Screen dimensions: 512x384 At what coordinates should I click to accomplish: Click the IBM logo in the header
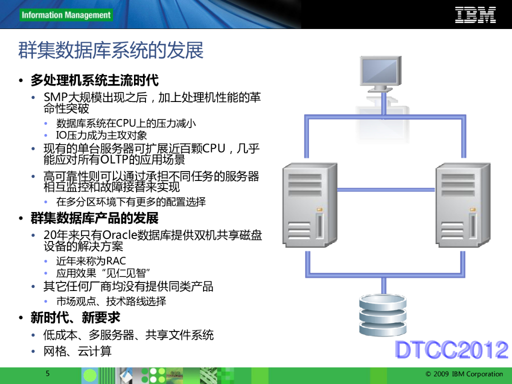[475, 14]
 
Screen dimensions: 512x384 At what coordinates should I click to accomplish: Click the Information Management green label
[66, 15]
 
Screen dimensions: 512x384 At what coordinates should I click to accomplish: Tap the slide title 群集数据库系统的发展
[111, 51]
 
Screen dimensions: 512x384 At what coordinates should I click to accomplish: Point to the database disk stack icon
[383, 315]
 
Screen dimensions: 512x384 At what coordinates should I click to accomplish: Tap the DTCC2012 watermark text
[451, 350]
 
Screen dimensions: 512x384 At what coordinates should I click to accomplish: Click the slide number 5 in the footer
[47, 373]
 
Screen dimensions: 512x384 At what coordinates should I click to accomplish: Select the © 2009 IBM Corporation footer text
[464, 374]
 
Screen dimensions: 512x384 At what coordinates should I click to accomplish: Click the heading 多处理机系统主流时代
[94, 80]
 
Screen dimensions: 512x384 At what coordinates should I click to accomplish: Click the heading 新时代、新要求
[75, 318]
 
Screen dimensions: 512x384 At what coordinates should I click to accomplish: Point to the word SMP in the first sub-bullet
[55, 97]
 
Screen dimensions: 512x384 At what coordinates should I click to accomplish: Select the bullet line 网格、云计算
[77, 351]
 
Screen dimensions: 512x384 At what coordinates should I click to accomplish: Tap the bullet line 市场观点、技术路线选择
[111, 301]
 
